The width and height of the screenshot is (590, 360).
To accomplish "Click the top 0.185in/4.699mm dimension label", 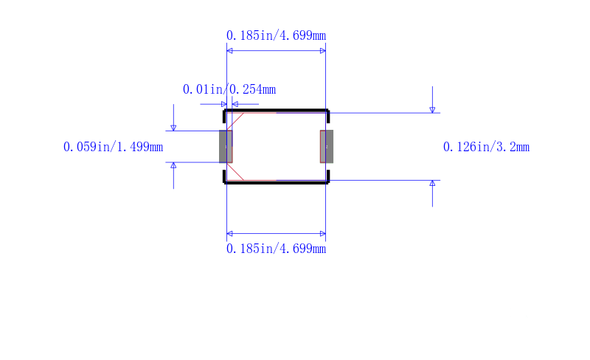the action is click(276, 35).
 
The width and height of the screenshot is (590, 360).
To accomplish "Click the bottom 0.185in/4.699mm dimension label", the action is click(276, 249).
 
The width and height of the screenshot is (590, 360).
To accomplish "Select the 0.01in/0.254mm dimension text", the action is click(229, 89).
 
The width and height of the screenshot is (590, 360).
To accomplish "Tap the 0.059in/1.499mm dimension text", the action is click(114, 147).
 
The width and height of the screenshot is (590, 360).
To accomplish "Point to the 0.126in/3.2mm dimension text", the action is click(486, 147).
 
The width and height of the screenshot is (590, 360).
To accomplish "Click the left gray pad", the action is click(226, 147).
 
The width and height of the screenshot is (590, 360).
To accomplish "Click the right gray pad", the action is click(327, 147).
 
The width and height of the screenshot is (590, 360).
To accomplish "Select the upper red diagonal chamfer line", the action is click(235, 121).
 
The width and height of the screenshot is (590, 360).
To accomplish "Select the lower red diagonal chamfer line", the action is click(235, 172).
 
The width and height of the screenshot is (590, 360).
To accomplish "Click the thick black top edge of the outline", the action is click(277, 111).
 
